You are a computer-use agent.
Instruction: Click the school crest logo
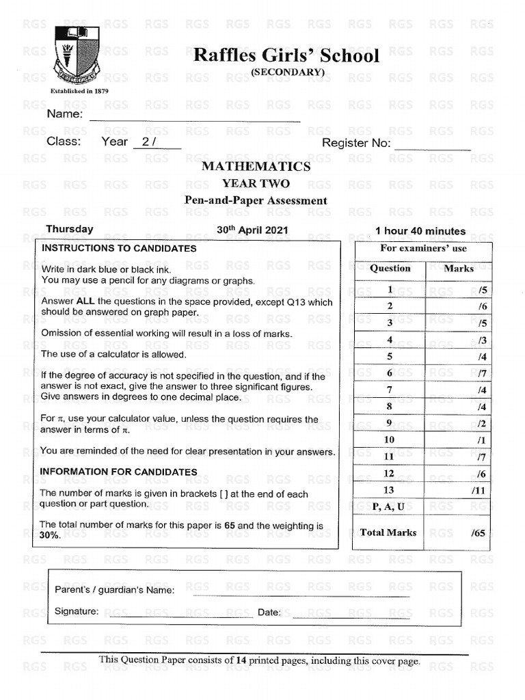[x=77, y=55]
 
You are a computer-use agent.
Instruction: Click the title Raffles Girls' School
[x=286, y=55]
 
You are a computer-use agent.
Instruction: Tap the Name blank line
[x=195, y=120]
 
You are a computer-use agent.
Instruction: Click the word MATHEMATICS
[x=256, y=166]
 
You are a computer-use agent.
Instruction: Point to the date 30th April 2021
[x=252, y=230]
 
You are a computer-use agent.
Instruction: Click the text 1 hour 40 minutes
[x=420, y=231]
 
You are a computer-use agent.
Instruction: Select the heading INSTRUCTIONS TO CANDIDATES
[x=119, y=249]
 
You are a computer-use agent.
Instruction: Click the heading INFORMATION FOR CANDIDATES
[x=118, y=472]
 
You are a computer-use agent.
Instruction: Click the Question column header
[x=390, y=269]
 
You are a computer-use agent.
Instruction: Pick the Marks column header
[x=459, y=269]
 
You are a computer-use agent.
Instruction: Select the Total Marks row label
[x=388, y=533]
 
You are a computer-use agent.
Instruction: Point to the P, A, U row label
[x=388, y=507]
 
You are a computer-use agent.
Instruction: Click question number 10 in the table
[x=389, y=440]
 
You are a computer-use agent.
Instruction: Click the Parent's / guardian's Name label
[x=114, y=590]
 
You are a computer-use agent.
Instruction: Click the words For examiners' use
[x=423, y=248]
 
